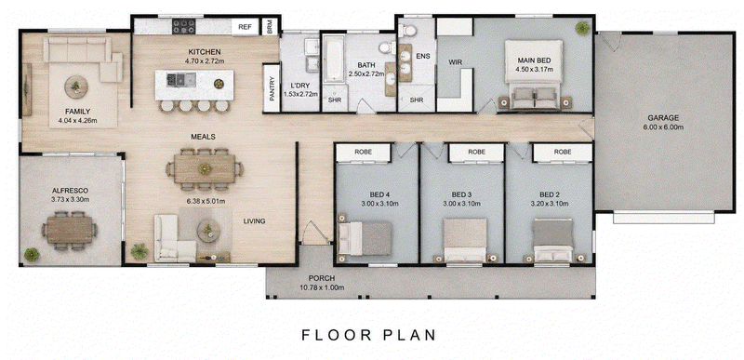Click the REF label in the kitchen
point(245,27)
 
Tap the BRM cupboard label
point(270,27)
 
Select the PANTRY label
point(272,88)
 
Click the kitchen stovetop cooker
point(183,26)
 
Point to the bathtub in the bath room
point(334,59)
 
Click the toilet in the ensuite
point(407,31)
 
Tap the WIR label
point(456,62)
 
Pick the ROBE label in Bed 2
point(563,153)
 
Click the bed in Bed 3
point(465,240)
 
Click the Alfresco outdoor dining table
point(69,230)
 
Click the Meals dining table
point(205,169)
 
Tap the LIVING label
point(254,221)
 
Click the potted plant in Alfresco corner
point(32,255)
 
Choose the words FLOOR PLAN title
point(368,335)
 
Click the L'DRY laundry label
point(299,86)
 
